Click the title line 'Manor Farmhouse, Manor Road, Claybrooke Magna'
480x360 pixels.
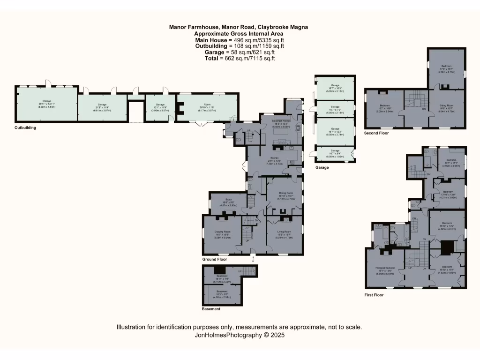(x=239, y=28)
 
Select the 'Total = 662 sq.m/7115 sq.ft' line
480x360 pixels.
(x=239, y=59)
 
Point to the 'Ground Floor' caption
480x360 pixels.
(x=215, y=259)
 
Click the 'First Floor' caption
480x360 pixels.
(x=374, y=295)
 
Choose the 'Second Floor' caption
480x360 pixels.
(x=376, y=134)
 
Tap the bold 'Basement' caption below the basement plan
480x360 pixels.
(x=211, y=309)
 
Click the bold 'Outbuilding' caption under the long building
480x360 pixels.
(x=25, y=127)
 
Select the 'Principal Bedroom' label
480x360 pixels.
(x=385, y=268)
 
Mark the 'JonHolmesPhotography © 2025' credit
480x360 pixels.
(x=239, y=335)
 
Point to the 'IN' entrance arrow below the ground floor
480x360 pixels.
(x=253, y=258)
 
